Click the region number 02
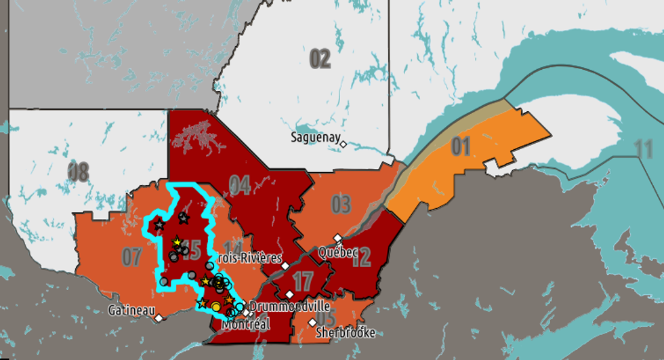[320, 59]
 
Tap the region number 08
[78, 172]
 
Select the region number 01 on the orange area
[461, 146]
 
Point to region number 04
[239, 184]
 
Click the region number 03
[341, 203]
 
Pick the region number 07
[132, 256]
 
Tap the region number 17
[302, 279]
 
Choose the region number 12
[361, 257]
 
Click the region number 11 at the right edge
[644, 148]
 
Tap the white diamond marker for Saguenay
[344, 144]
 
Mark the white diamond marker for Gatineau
[159, 317]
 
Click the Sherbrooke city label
[345, 333]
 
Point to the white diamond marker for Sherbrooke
[312, 322]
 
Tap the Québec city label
[337, 252]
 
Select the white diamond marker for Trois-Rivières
[285, 265]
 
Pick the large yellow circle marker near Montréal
[216, 307]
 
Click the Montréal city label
[246, 324]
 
